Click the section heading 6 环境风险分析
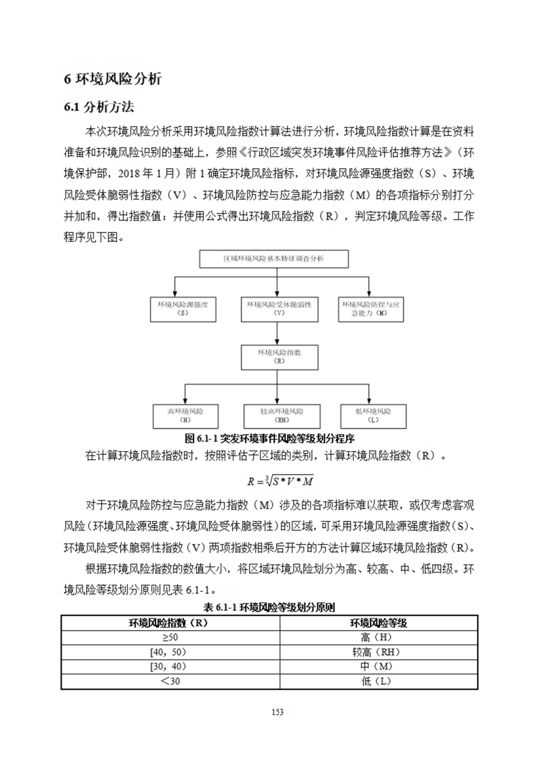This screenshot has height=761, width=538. (x=113, y=79)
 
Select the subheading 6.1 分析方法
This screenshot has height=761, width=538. (x=99, y=107)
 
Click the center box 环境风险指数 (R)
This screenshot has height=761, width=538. (x=280, y=357)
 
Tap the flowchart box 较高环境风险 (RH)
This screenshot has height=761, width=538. (x=280, y=415)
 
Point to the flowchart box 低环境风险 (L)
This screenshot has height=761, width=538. (x=373, y=415)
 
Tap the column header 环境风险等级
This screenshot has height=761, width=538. (x=378, y=622)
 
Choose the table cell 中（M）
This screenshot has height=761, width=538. (x=378, y=667)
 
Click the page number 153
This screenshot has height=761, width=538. (x=276, y=711)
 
